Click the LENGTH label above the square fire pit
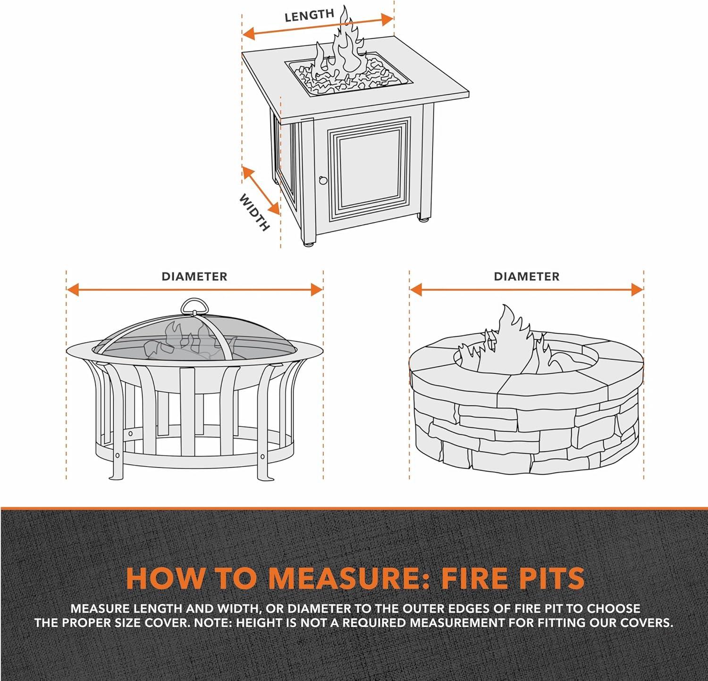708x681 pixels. [309, 15]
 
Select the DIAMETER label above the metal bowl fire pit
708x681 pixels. [194, 277]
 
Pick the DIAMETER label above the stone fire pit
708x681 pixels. [527, 277]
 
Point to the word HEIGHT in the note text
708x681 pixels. [258, 623]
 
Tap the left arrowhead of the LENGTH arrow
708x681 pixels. [248, 34]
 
